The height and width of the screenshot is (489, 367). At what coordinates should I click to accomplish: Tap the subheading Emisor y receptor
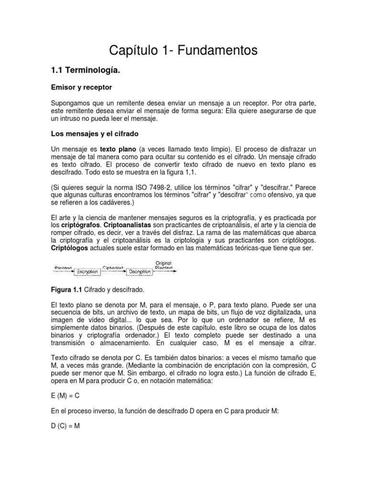81,87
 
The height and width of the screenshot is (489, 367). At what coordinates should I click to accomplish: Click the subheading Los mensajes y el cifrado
95,133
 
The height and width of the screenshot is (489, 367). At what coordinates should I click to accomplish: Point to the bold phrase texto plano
118,149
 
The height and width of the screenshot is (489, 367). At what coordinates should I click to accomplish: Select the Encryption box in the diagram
87,271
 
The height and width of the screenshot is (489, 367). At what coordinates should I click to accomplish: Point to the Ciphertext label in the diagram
113,267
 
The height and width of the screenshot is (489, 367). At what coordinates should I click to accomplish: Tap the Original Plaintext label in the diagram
163,265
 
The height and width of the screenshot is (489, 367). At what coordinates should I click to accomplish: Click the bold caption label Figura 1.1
67,290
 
